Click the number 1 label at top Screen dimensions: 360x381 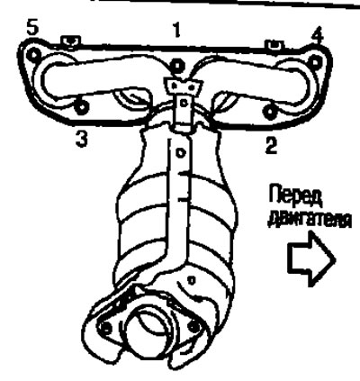coord(177,31)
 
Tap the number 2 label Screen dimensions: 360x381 coord(272,144)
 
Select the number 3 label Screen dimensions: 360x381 coord(82,139)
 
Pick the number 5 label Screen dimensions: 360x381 coord(32,28)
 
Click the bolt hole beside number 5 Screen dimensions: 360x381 coord(33,55)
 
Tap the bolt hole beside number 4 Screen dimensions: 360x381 coord(314,62)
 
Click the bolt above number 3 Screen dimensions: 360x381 coord(80,107)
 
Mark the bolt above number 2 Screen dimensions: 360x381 coord(270,112)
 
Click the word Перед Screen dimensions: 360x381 coord(295,196)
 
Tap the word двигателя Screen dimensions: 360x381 coord(309,221)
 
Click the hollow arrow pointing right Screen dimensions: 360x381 coord(311,258)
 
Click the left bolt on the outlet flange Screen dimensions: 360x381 coord(105,327)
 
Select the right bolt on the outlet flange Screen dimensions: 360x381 coord(193,325)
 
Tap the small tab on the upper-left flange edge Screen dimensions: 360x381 coord(70,41)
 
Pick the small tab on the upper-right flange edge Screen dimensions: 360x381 coord(274,44)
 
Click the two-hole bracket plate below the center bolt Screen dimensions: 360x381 coord(183,86)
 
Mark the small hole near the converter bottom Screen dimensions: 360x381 coord(191,281)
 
